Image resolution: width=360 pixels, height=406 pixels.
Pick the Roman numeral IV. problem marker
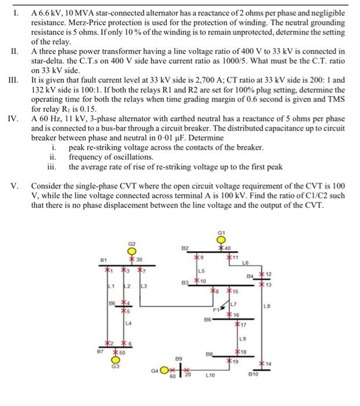pyautogui.click(x=14, y=118)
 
